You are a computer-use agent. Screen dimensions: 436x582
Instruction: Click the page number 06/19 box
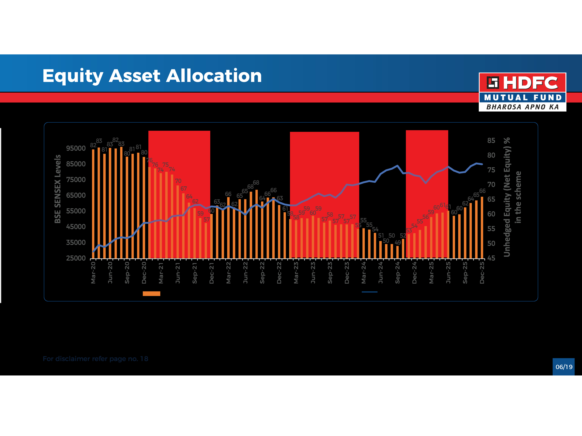click(x=564, y=367)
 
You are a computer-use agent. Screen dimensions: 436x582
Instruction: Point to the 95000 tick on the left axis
click(x=76, y=148)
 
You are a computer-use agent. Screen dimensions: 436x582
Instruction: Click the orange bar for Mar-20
click(x=93, y=204)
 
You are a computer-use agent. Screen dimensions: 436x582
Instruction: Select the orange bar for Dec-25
click(x=482, y=227)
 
